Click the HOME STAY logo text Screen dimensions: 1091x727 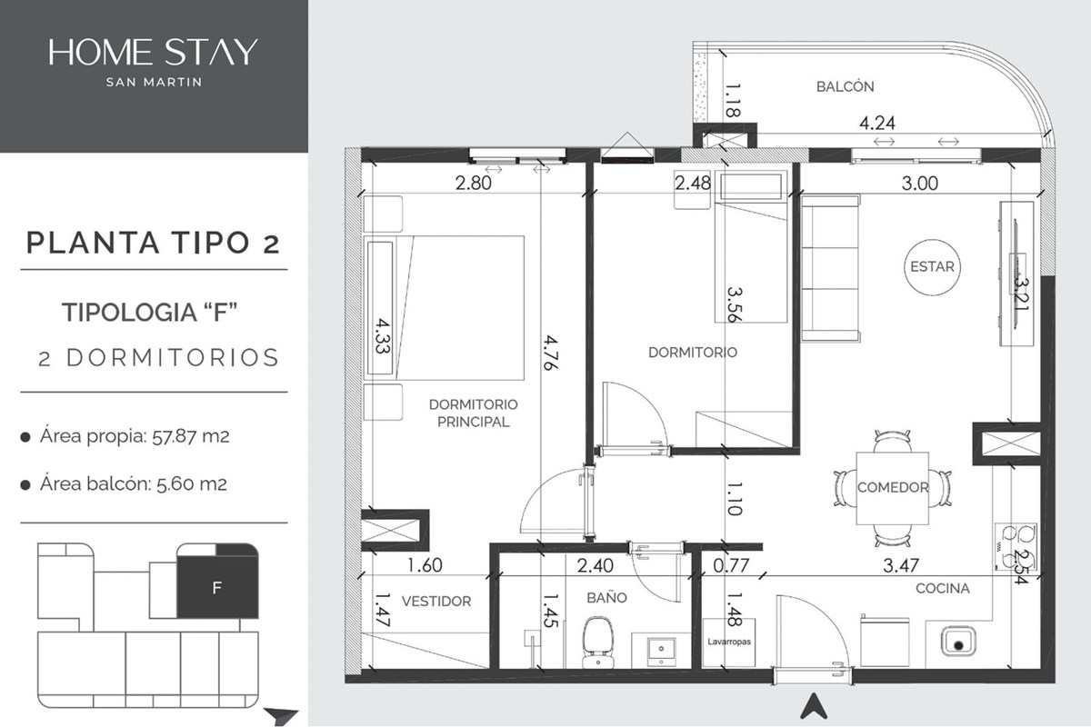(x=153, y=52)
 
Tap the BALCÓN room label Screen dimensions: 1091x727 (x=845, y=86)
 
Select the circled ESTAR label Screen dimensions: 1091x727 (x=932, y=267)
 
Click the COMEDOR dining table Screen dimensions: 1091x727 (x=892, y=488)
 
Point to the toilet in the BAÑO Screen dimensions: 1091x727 (x=597, y=642)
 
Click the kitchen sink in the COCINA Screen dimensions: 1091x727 (x=958, y=641)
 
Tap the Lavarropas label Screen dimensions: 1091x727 (x=728, y=642)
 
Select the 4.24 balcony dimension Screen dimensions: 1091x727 (x=877, y=124)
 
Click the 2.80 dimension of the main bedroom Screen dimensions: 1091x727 (x=474, y=183)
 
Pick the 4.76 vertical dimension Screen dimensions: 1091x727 (x=550, y=353)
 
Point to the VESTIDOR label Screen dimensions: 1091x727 (x=436, y=602)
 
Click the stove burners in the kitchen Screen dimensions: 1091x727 (x=1016, y=547)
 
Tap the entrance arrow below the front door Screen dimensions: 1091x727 (x=814, y=705)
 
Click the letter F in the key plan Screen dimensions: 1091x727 (x=217, y=588)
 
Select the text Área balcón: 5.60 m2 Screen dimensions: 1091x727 (x=134, y=484)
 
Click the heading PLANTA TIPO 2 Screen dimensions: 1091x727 (x=154, y=243)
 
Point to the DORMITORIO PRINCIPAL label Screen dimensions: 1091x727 (x=474, y=413)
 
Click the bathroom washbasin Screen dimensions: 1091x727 (x=661, y=650)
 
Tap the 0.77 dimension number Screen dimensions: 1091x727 (x=731, y=565)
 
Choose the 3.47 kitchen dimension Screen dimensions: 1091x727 (x=901, y=565)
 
